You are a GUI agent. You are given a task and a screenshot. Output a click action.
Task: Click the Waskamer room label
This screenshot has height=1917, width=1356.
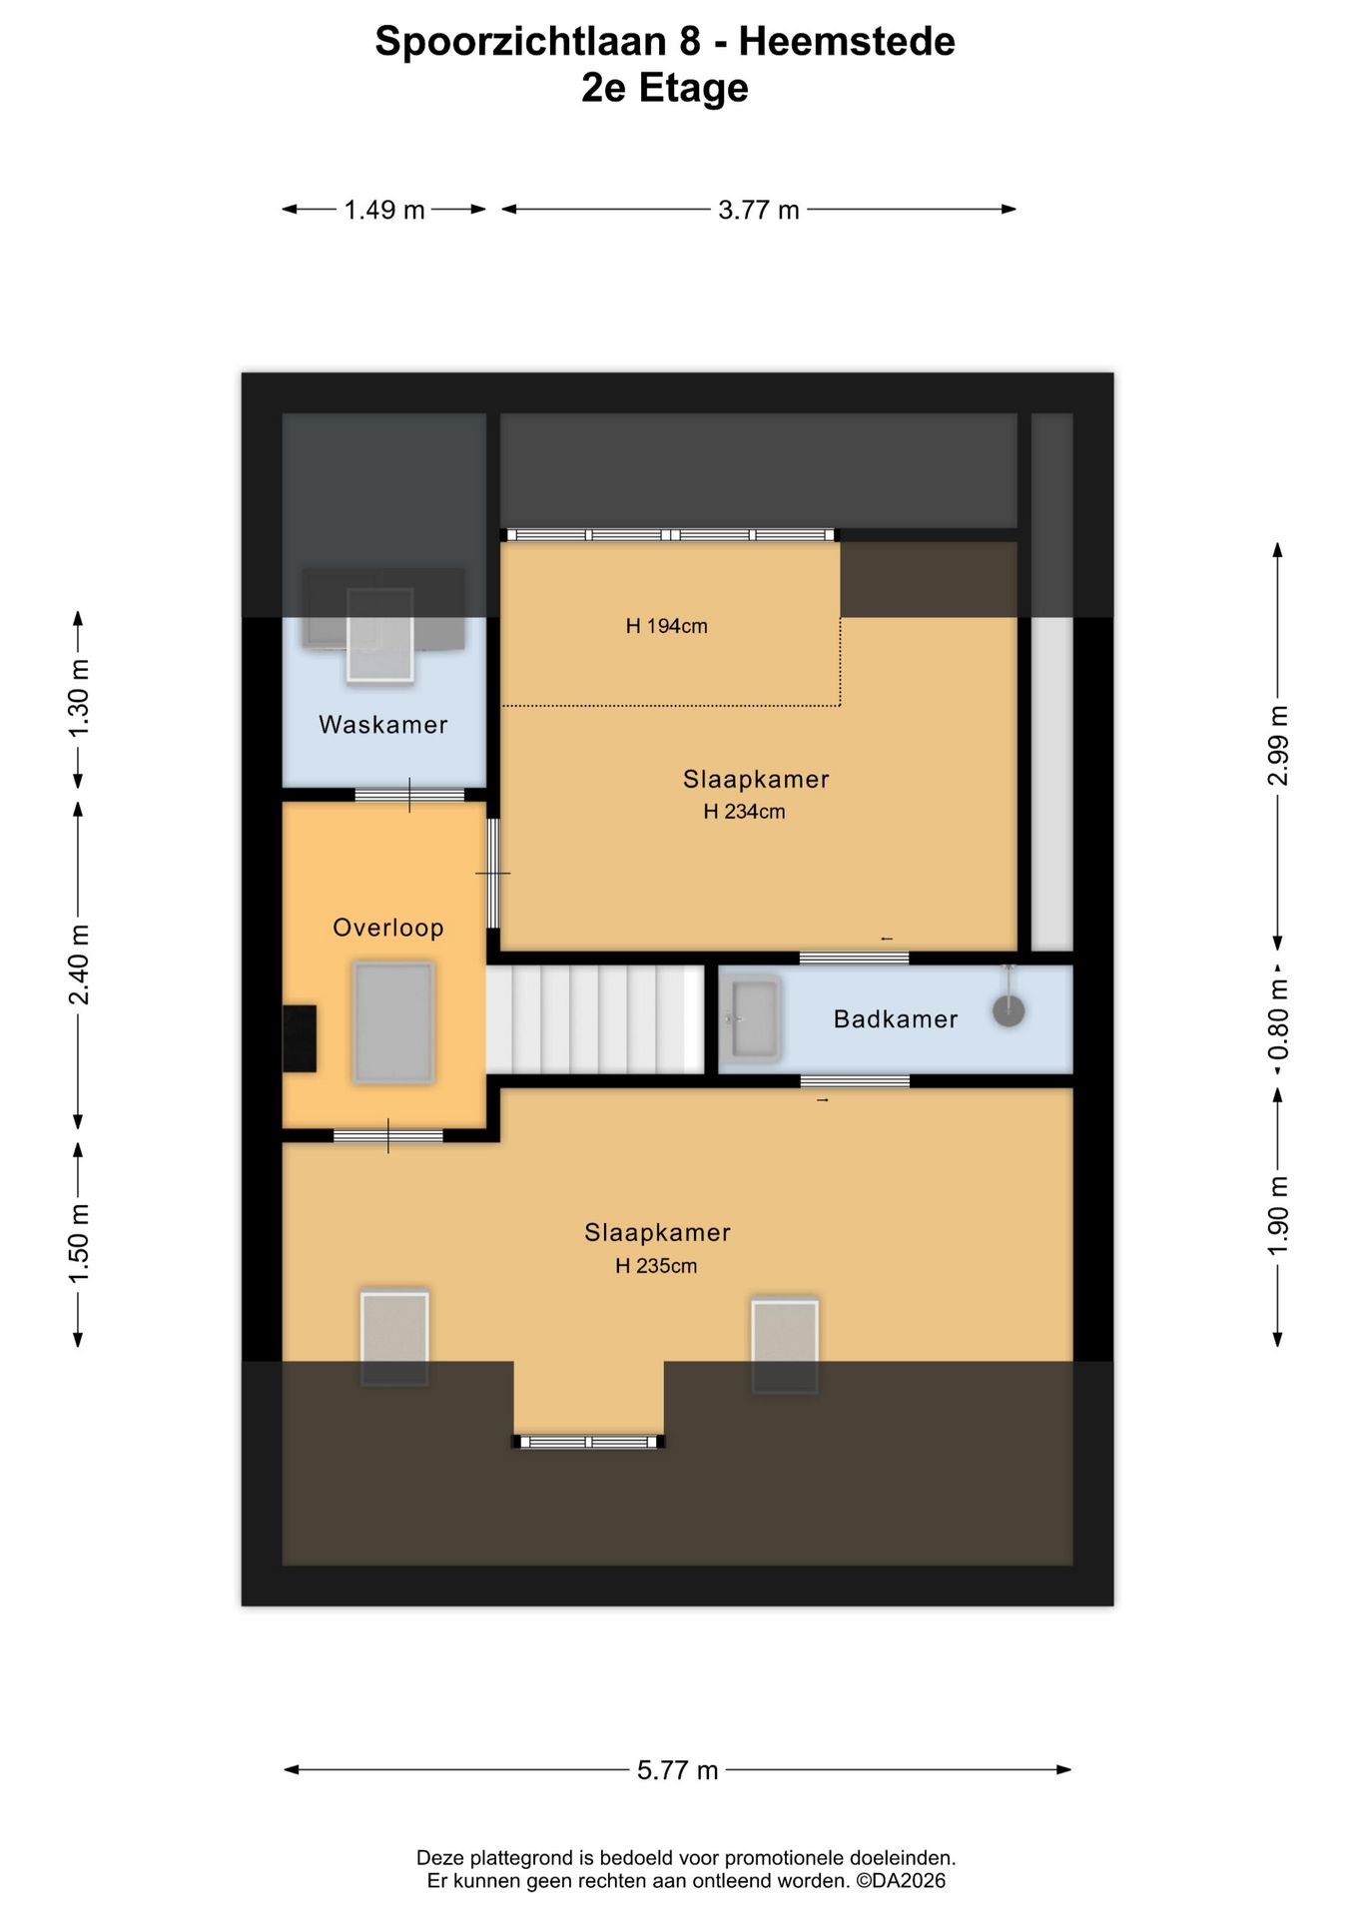[x=383, y=725]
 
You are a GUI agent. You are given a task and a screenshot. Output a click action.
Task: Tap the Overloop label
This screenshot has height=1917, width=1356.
[x=388, y=928]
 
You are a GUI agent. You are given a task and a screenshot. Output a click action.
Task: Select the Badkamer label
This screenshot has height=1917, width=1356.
[x=896, y=1019]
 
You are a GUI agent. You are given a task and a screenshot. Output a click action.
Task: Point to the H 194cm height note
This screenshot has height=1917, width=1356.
[x=667, y=626]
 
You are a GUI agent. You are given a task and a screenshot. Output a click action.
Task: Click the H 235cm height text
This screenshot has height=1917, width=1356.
[x=656, y=1266]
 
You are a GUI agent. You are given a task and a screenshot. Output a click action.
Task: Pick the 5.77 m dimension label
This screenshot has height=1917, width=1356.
[x=678, y=1770]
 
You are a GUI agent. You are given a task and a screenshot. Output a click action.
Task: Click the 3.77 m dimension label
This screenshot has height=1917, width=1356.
[x=759, y=210]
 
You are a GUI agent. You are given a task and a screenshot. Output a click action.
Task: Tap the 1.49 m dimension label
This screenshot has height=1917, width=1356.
[x=384, y=210]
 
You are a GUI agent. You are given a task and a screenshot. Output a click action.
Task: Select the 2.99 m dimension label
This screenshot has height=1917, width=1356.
[x=1278, y=745]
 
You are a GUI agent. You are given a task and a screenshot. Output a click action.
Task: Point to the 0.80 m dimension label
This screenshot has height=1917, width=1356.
[x=1278, y=1020]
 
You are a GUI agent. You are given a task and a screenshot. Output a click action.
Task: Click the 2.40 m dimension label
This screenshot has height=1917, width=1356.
[x=79, y=964]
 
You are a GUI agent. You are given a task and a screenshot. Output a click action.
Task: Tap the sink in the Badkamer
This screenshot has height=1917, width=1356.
[x=754, y=1018]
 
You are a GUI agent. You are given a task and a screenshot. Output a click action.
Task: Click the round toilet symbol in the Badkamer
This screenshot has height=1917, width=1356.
[x=1009, y=1011]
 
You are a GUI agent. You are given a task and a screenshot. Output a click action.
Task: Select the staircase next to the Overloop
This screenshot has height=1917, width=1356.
[x=595, y=1019]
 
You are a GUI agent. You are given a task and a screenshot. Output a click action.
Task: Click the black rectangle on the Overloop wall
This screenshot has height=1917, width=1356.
[x=300, y=1038]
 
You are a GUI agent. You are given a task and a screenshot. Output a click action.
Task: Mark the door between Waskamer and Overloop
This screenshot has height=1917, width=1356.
[x=409, y=795]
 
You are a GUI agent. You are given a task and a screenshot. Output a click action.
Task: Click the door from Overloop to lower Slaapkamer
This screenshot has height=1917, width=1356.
[x=388, y=1135]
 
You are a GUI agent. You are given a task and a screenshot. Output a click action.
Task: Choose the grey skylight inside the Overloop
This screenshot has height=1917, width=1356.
[x=393, y=1022]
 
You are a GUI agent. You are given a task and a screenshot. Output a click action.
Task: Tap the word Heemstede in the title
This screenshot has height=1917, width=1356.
[x=847, y=41]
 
